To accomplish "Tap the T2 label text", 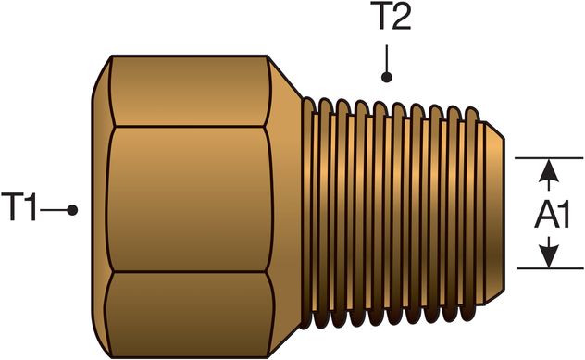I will [x=393, y=19].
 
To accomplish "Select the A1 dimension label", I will [x=552, y=215].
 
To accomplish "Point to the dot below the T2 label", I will [x=388, y=78].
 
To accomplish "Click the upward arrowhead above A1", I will [x=550, y=170].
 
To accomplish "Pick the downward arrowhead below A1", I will [x=550, y=256].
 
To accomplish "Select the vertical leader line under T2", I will [x=388, y=60].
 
